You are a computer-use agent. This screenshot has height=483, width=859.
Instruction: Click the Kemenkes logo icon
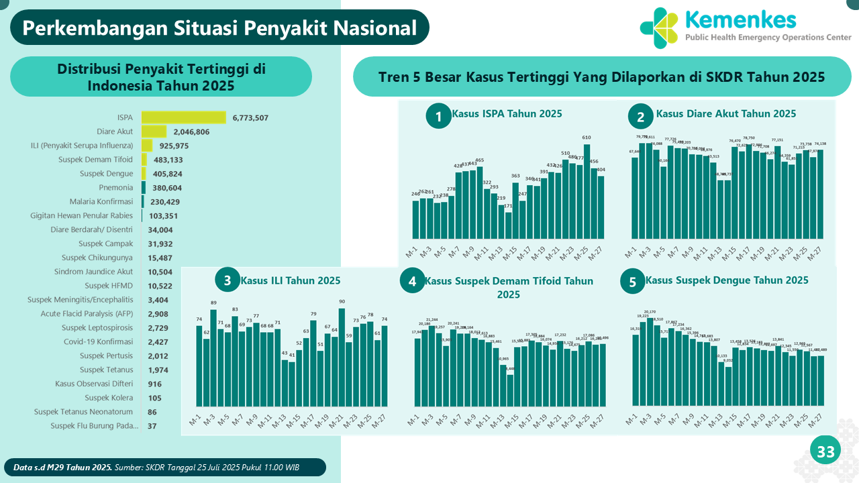pos(659,28)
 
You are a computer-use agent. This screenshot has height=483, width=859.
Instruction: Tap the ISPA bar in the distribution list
pos(183,117)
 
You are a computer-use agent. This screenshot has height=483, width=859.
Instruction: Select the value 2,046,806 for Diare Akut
pos(191,132)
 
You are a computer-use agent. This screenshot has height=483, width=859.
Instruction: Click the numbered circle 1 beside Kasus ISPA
pos(438,117)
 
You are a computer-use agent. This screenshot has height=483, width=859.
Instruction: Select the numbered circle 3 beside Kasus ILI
pos(228,280)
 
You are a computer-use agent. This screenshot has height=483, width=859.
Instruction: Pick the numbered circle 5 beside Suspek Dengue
pos(632,282)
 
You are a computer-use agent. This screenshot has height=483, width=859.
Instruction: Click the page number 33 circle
pos(825,452)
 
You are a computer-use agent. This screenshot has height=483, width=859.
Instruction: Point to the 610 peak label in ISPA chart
pos(587,138)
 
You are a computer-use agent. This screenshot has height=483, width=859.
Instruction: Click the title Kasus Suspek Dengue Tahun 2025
pos(727,280)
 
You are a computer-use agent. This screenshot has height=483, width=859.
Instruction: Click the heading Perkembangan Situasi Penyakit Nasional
pos(219,28)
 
